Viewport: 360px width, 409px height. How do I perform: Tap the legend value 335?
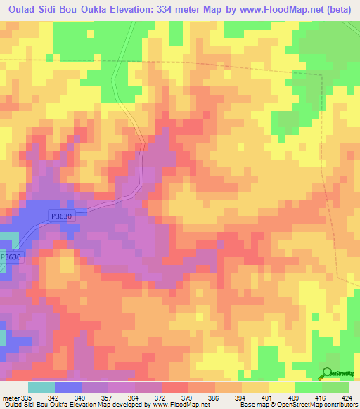point(27,398)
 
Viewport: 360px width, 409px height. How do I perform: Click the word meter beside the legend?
point(10,398)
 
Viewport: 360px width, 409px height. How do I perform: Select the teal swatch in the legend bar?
point(41,387)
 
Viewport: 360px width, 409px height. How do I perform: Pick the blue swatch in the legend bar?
point(68,387)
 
